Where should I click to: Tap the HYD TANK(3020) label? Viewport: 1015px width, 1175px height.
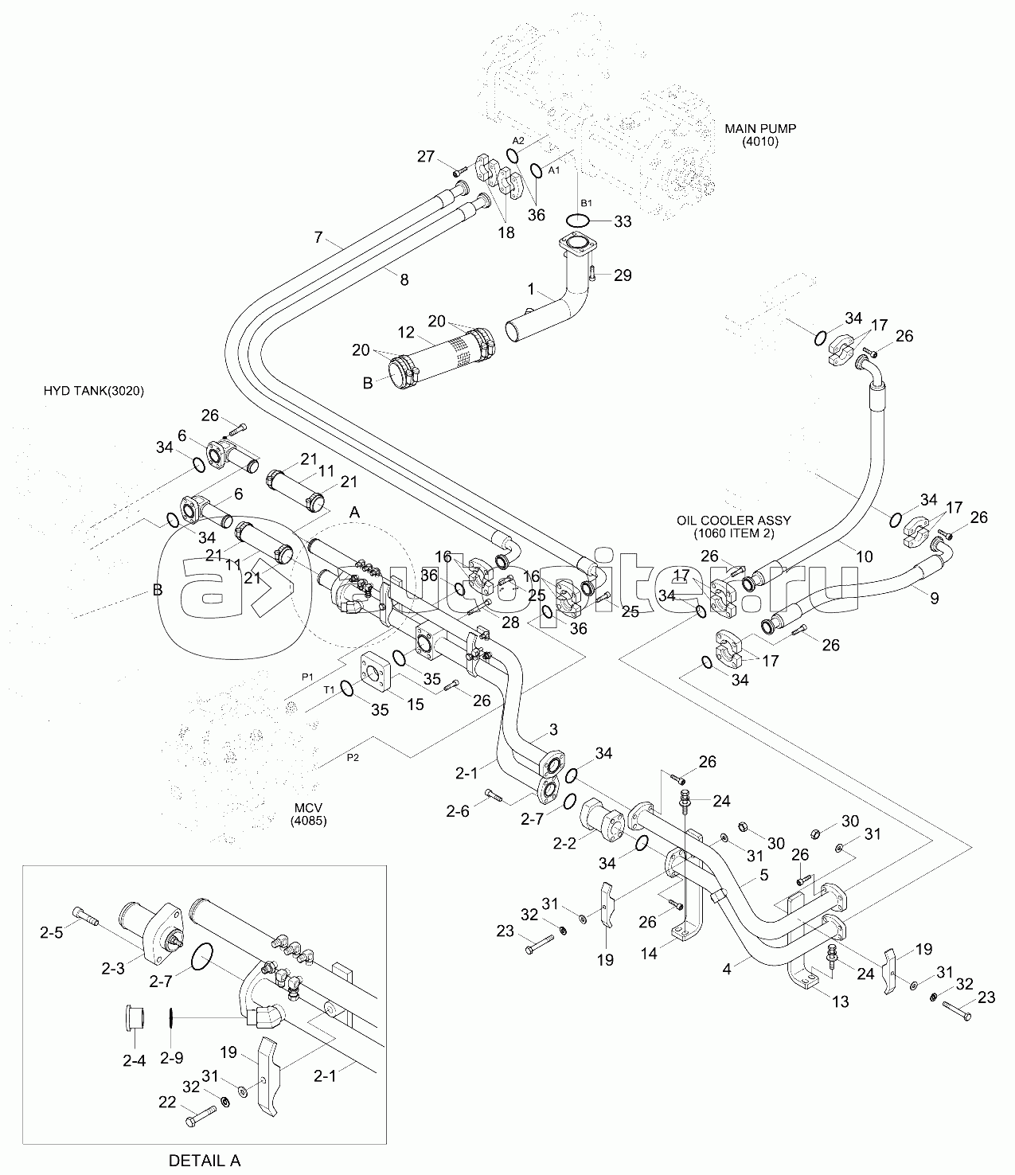click(94, 391)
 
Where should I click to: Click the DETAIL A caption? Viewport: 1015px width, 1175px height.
click(205, 1159)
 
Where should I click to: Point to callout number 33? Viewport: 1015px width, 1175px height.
click(622, 221)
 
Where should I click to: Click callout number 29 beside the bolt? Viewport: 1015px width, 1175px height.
click(623, 275)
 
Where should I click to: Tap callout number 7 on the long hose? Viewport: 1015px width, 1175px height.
click(318, 236)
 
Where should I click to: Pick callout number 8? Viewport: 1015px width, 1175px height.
click(404, 279)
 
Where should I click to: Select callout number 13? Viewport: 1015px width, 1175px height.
click(841, 1001)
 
